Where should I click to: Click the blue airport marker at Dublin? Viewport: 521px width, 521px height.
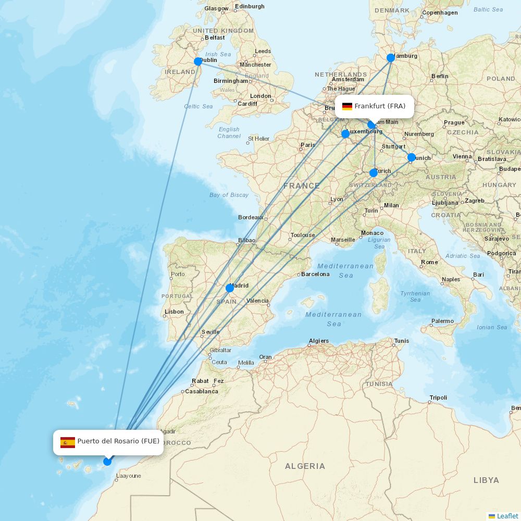pos(198,61)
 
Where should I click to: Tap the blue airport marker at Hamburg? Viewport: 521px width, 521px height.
pos(391,58)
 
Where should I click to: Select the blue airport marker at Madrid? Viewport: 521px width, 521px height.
pos(230,288)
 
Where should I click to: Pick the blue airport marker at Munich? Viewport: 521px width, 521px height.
pos(412,157)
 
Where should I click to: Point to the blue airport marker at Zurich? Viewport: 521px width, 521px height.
pos(374,173)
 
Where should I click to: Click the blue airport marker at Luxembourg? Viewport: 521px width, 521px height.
pos(345,134)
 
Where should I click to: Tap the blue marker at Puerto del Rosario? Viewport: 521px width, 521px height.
pos(107,462)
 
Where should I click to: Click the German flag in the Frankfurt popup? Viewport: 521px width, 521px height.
pos(347,106)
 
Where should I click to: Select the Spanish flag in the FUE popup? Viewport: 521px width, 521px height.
pos(68,443)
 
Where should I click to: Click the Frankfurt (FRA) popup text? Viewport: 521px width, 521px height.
pos(380,106)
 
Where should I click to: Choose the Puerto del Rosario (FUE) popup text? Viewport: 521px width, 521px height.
pos(118,441)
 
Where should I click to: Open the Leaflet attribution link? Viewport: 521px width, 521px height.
pos(507,516)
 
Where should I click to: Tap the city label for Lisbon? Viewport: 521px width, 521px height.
pos(174,312)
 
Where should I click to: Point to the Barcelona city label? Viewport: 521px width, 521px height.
pos(315,274)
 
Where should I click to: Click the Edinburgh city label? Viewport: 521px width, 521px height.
pos(250,6)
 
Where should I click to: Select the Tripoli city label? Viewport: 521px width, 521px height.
pos(438,398)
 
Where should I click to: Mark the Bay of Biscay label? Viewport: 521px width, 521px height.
pos(229,195)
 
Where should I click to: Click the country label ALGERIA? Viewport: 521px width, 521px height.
pos(305,466)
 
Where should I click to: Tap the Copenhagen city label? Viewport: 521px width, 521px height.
pos(440,13)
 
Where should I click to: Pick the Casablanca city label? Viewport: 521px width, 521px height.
pos(202,391)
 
